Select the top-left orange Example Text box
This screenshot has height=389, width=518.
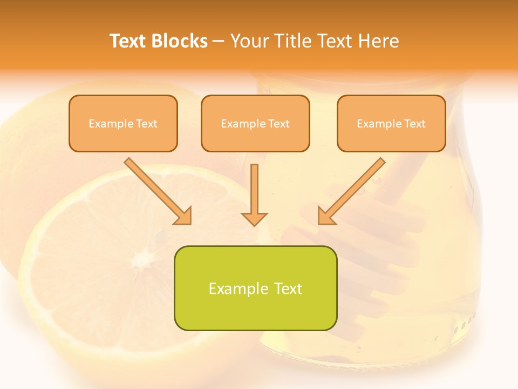pos(123,123)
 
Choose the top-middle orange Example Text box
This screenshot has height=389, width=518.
pos(255,123)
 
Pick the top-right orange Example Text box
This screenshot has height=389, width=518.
pos(391,123)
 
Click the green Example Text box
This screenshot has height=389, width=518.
pos(255,288)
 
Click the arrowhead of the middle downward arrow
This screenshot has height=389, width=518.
pos(254,218)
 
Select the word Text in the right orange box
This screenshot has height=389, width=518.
pos(414,123)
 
